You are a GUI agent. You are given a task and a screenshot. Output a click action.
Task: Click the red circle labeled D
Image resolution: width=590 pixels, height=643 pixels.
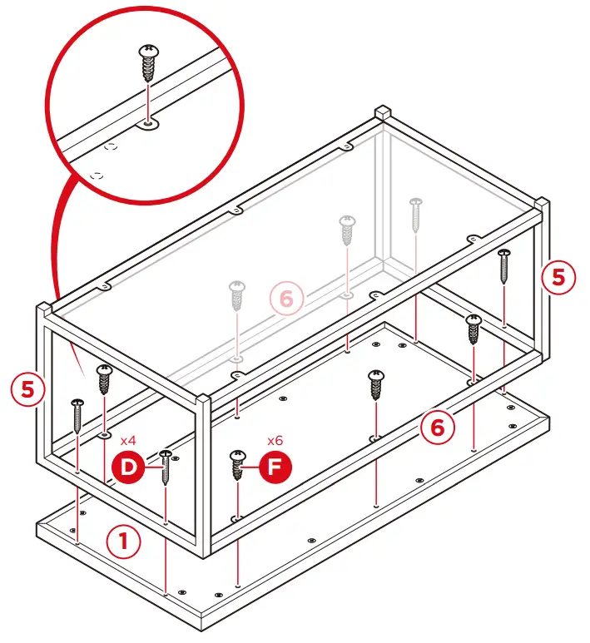click(x=129, y=467)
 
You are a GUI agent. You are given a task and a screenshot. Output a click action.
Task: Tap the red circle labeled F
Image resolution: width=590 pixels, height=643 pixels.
click(x=275, y=467)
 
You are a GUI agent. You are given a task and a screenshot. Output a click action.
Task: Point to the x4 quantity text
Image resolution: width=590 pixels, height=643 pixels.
click(x=128, y=441)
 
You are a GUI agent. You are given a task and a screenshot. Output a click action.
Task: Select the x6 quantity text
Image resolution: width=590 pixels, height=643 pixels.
click(x=275, y=440)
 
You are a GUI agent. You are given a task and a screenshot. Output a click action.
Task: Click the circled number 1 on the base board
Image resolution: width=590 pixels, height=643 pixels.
click(x=123, y=542)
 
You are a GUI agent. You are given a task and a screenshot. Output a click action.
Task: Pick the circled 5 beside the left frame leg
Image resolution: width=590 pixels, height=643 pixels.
click(x=27, y=389)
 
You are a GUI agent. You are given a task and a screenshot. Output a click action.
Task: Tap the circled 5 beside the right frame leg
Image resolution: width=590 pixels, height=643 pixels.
click(x=558, y=277)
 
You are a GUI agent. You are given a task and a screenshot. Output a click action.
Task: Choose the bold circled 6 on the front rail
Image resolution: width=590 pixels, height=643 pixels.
click(x=438, y=428)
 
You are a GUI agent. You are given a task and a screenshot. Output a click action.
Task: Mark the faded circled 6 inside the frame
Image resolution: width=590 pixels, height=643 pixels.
click(x=286, y=299)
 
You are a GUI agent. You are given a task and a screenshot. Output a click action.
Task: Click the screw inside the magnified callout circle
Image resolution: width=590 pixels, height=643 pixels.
click(x=148, y=63)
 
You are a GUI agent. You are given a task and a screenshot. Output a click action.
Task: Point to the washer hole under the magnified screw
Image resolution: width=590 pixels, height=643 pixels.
click(x=148, y=123)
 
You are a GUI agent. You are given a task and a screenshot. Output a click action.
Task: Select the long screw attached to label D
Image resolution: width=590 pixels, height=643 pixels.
click(x=166, y=467)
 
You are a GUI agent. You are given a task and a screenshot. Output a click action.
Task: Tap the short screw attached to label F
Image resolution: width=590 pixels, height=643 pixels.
click(x=238, y=465)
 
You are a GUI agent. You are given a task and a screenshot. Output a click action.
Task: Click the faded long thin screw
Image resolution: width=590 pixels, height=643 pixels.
click(x=416, y=215)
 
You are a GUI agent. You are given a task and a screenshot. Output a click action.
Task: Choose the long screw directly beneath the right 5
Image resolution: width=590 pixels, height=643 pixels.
click(x=504, y=266)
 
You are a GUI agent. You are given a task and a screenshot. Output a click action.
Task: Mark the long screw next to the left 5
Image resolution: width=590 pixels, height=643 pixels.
click(x=77, y=416)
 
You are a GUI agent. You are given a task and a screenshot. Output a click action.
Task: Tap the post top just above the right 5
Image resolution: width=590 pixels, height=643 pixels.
click(x=542, y=203)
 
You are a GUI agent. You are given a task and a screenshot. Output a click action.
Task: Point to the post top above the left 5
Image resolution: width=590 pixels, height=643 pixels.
click(x=44, y=308)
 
